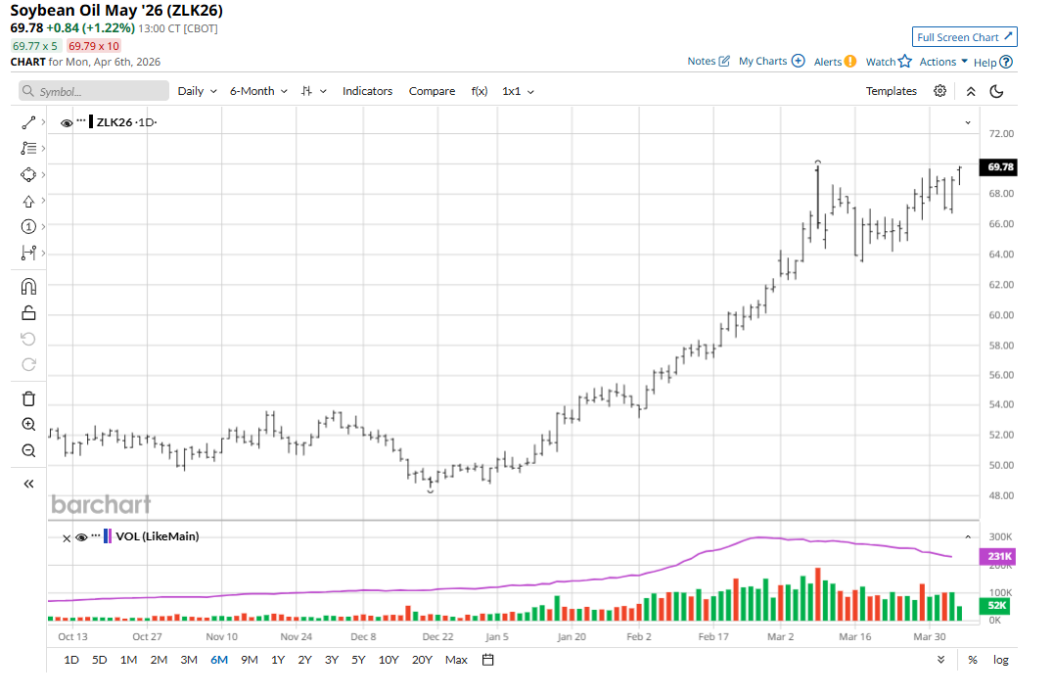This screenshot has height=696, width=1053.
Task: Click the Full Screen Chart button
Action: [965, 37]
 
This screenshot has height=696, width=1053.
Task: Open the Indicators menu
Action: [367, 91]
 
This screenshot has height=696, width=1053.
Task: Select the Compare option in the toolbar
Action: [432, 91]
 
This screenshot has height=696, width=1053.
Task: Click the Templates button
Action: [891, 91]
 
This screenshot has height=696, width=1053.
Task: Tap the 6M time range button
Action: [218, 660]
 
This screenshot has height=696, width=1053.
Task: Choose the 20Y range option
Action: [422, 660]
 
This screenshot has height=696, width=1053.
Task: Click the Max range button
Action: [456, 660]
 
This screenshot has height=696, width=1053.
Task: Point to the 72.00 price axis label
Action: [1000, 133]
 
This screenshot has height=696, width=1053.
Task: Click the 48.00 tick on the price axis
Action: [1000, 495]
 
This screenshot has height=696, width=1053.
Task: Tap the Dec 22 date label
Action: [437, 636]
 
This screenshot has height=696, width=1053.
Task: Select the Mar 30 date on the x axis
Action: [929, 636]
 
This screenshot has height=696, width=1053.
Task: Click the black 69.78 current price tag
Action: [1000, 167]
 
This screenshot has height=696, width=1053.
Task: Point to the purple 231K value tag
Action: [998, 556]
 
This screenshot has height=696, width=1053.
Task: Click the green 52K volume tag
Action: [998, 607]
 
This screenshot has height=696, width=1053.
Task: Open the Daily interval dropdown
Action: [196, 91]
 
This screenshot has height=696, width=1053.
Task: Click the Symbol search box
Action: [94, 91]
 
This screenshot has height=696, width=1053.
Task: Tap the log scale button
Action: [1000, 660]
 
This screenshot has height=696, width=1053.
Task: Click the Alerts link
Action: [835, 62]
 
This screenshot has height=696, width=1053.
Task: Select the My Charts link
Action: [771, 61]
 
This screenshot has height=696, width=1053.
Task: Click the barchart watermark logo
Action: [101, 505]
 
